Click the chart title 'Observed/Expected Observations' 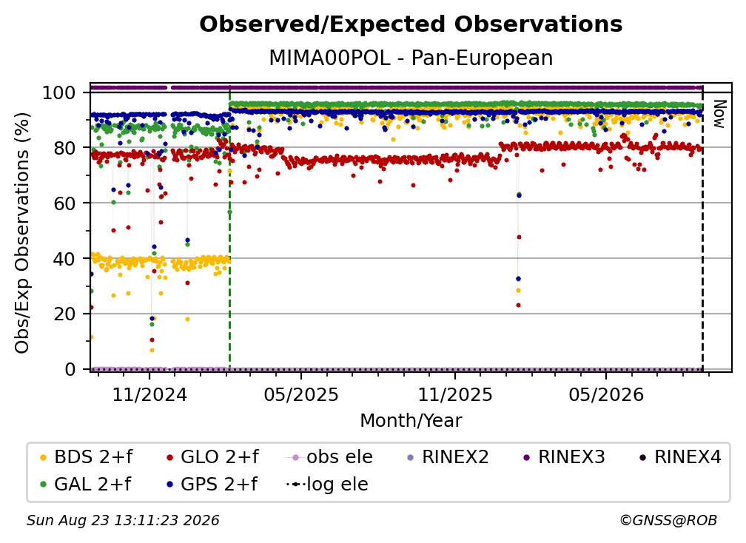[411, 24]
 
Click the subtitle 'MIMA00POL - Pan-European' [411, 58]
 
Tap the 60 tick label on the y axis [64, 203]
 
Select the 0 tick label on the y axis [70, 369]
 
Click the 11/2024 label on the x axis [149, 394]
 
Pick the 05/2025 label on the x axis [301, 394]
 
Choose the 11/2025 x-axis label [455, 394]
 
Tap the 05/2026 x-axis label [606, 394]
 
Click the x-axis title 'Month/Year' [411, 421]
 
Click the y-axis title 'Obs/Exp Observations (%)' [22, 233]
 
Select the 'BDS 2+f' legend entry [86, 457]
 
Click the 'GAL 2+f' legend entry [85, 484]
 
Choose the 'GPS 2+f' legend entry [212, 484]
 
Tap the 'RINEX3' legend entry [564, 457]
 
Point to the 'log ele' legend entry [327, 484]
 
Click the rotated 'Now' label [719, 114]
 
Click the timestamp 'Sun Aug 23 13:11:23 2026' [123, 521]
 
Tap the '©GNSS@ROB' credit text [668, 521]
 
